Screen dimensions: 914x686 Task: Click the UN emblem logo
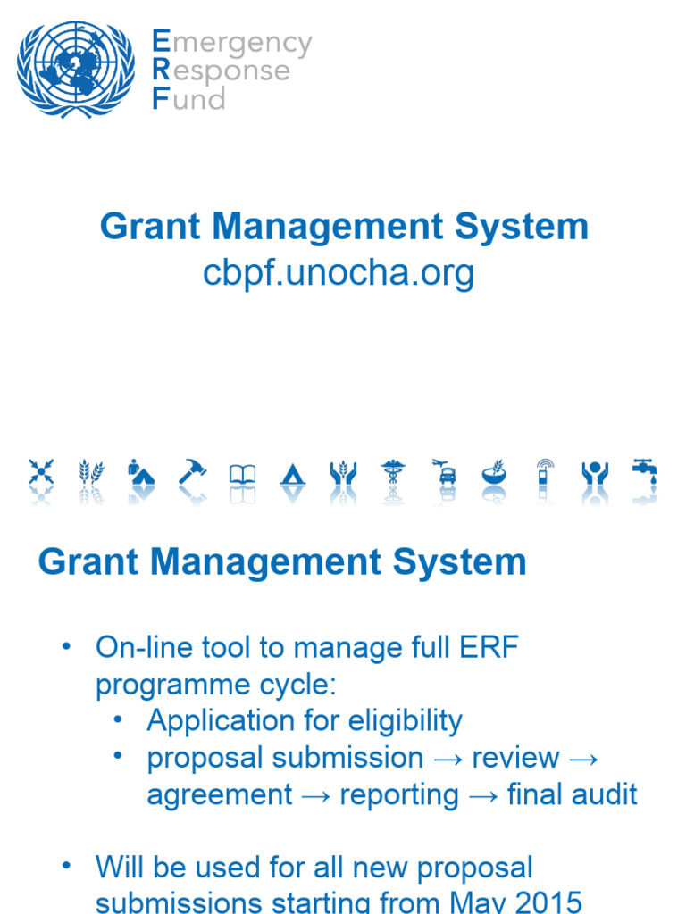(x=76, y=69)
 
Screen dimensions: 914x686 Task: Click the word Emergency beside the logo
(x=232, y=42)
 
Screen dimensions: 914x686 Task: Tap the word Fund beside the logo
(x=188, y=98)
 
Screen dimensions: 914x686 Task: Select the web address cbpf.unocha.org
(x=339, y=273)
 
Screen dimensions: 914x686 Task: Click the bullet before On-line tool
(x=65, y=648)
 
